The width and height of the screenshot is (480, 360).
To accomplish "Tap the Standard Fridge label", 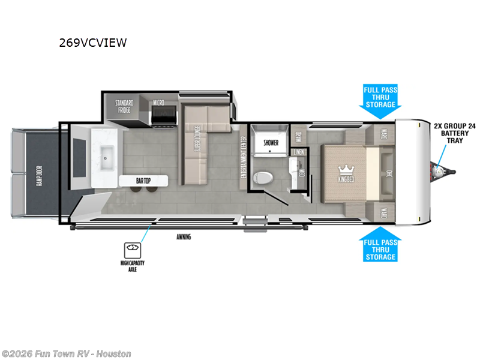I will point(124,107).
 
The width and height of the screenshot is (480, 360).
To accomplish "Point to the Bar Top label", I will point(143,180).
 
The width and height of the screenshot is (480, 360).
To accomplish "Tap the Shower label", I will point(271,143).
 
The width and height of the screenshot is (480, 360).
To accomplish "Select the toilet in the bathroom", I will point(263,178).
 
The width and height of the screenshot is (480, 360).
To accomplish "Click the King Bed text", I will point(346,179).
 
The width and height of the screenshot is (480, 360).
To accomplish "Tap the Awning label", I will point(184,236).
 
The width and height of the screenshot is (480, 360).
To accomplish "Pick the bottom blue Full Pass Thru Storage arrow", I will point(380,244).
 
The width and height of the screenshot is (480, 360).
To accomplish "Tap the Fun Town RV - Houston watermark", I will point(66,354).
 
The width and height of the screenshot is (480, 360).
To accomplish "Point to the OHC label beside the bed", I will point(389,174).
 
